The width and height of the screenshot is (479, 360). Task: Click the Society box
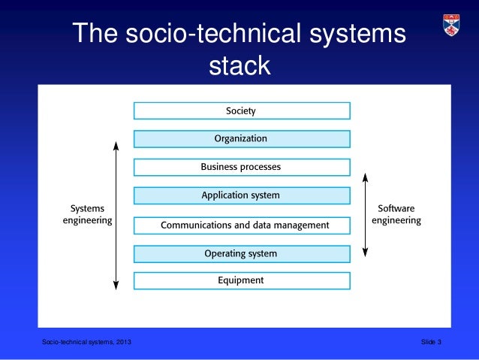242,110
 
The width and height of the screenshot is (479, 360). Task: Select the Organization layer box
242,139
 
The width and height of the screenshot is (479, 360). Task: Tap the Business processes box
242,167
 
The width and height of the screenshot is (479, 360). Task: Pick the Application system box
242,195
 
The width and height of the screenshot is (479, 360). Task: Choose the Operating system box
242,253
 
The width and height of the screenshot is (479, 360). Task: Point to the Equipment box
242,280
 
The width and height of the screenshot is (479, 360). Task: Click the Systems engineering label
87,214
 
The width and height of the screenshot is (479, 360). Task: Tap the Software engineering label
396,214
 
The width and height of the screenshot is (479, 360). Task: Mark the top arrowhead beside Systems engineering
116,144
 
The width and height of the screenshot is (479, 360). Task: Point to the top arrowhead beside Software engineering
365,177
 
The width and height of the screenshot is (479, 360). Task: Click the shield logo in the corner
451,25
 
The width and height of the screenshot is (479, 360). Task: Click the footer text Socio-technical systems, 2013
86,343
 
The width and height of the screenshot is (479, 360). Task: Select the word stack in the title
239,66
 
